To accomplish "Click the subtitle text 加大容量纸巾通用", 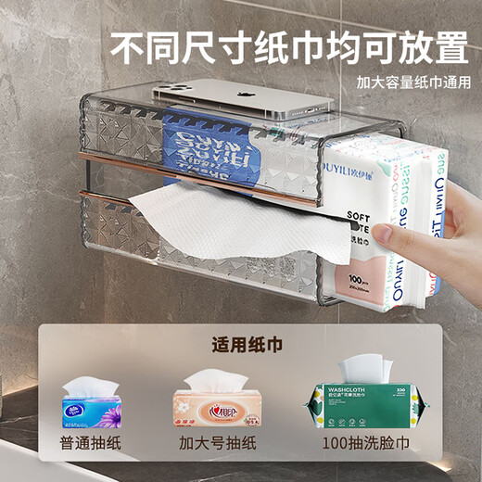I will pyautogui.click(x=409, y=82).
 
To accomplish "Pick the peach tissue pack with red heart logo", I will pyautogui.click(x=211, y=407).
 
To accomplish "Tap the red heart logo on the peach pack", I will pyautogui.click(x=211, y=409).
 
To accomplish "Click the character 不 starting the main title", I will pyautogui.click(x=129, y=43).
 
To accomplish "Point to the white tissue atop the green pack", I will pyautogui.click(x=362, y=368).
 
